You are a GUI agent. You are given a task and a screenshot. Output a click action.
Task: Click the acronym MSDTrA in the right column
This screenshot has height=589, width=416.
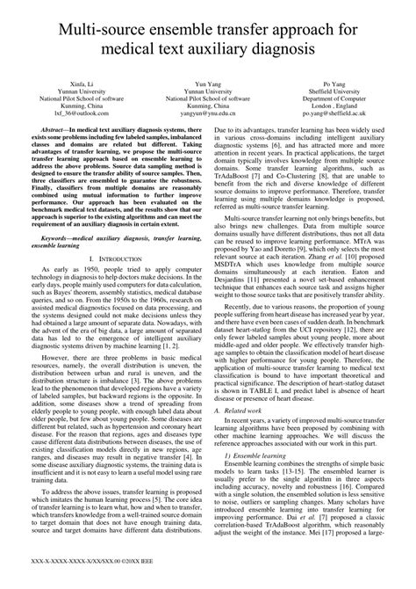[x=235, y=296]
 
